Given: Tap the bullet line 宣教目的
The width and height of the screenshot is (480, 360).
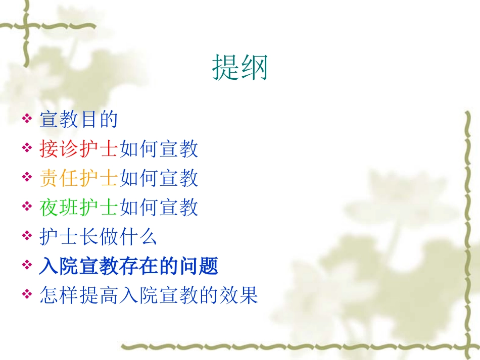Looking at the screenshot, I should [78, 120].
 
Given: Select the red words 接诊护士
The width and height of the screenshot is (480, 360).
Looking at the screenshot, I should [78, 149].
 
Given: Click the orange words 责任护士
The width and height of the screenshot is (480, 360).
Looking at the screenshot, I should [78, 178].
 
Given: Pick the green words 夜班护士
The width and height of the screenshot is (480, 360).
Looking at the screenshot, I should [78, 208].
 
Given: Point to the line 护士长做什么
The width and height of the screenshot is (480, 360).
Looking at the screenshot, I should [99, 237].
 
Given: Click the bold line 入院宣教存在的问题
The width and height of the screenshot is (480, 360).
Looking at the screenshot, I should [129, 266].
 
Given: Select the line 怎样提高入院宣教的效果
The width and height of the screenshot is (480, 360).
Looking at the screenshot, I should [149, 295].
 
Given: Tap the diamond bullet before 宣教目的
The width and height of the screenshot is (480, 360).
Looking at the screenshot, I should [27, 120].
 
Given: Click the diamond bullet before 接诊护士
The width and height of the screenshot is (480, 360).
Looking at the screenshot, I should [27, 149].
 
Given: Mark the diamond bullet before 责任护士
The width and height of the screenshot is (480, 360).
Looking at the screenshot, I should [27, 179].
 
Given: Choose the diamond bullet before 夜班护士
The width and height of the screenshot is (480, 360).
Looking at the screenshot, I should [27, 208].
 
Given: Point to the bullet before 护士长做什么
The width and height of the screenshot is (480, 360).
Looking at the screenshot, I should [27, 237].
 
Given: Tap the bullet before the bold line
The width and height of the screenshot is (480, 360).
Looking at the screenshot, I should [27, 267].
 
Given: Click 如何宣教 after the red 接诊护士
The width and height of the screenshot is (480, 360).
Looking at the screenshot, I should [158, 149].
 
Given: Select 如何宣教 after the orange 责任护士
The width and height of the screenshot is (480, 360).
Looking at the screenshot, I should [158, 178].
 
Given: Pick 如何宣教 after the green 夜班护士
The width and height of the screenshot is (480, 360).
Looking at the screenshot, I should [158, 208].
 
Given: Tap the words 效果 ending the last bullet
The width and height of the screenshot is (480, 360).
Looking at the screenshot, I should [238, 295].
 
